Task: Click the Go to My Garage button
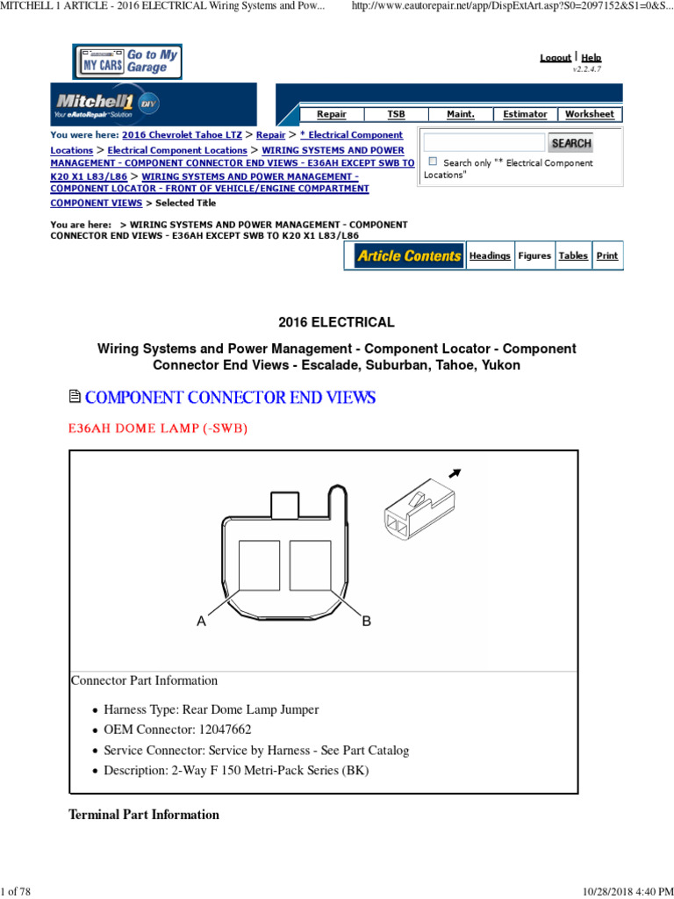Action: tap(127, 61)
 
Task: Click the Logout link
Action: tap(555, 58)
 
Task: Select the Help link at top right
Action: tap(592, 58)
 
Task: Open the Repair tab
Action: tap(332, 114)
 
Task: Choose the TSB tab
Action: tap(397, 114)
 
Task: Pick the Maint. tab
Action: tap(461, 114)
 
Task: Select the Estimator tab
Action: tap(525, 114)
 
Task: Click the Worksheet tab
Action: tap(590, 114)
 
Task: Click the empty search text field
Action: tap(484, 143)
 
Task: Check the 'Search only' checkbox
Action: tap(433, 162)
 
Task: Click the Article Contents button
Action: tap(408, 256)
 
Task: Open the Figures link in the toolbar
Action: tap(534, 256)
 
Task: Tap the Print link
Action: tap(607, 256)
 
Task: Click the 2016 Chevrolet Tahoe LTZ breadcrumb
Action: tap(181, 135)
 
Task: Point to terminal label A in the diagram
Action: tap(202, 622)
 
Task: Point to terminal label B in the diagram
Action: tap(367, 622)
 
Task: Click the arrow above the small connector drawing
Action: tap(454, 473)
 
